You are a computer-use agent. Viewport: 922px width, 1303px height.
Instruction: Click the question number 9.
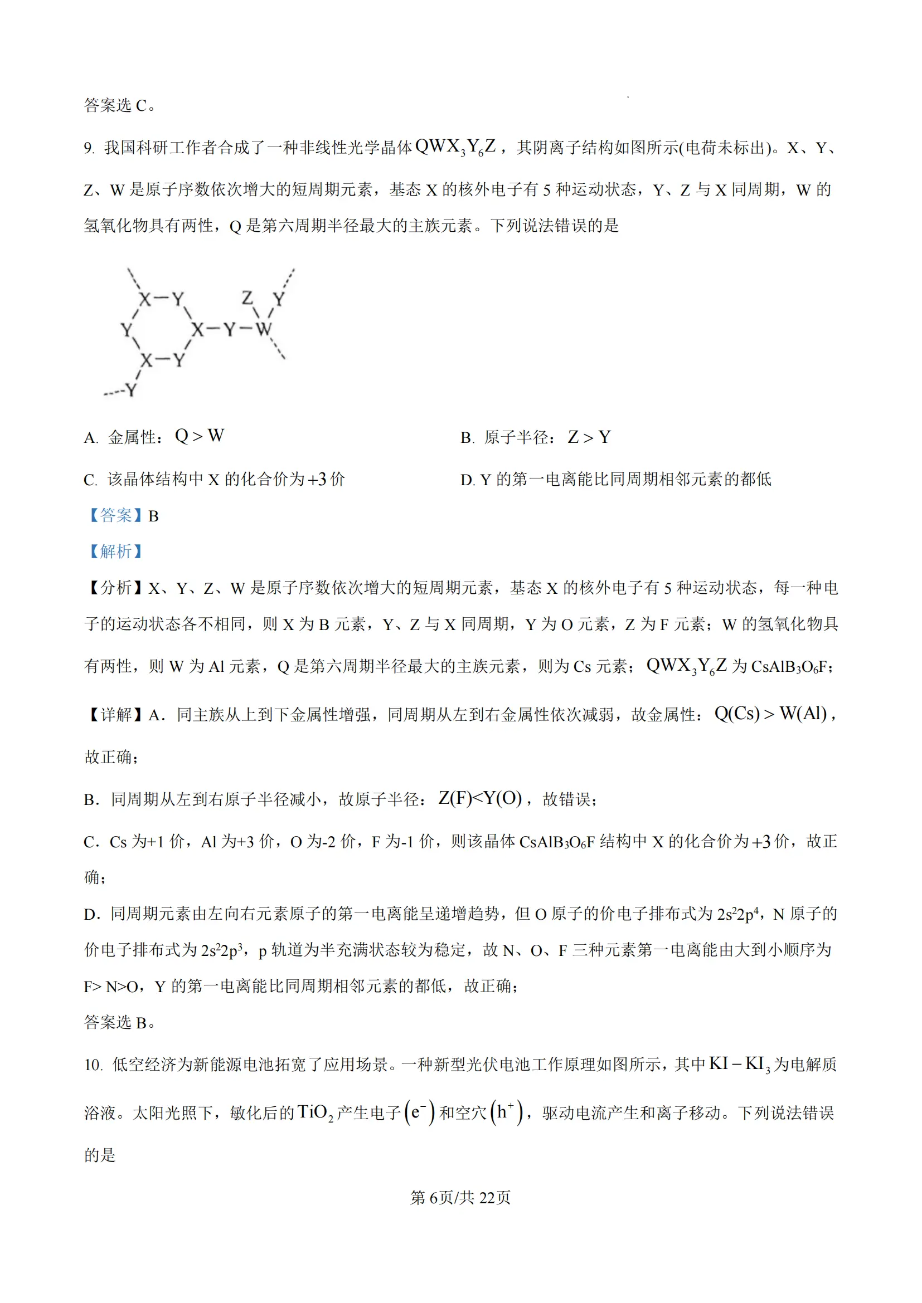pyautogui.click(x=89, y=149)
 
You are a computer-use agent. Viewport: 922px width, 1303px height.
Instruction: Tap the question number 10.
pyautogui.click(x=93, y=1065)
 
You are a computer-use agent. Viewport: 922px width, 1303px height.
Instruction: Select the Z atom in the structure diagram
pyautogui.click(x=247, y=298)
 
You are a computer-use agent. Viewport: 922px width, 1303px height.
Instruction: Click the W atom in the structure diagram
pyautogui.click(x=264, y=329)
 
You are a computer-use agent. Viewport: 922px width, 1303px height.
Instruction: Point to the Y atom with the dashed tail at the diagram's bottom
pyautogui.click(x=131, y=391)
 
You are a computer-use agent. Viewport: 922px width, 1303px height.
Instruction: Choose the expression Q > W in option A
pyautogui.click(x=199, y=436)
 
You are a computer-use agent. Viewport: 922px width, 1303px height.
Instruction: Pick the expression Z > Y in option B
pyautogui.click(x=589, y=437)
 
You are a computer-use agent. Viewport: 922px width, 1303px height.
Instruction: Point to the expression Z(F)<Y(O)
pyautogui.click(x=480, y=798)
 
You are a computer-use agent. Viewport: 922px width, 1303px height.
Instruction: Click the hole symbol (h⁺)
pyautogui.click(x=506, y=1112)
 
